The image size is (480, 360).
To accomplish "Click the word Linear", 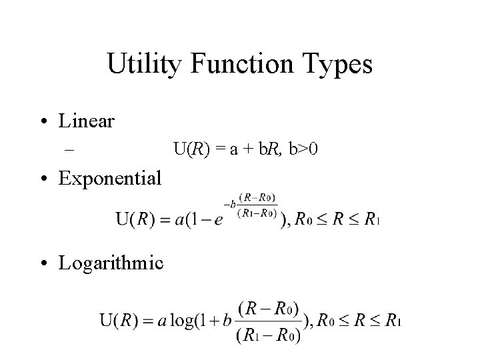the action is coord(87,122).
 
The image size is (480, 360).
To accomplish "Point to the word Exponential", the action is coord(110,179).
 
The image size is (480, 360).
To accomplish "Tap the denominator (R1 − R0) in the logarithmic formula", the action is coord(269,334).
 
